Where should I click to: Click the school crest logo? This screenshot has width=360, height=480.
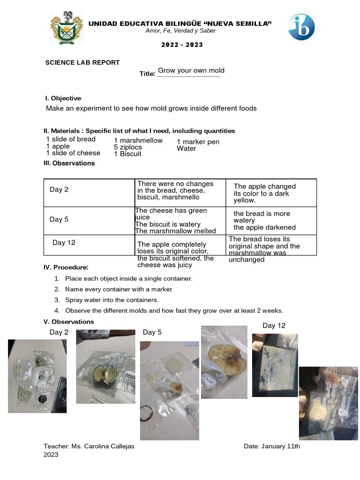point(67,29)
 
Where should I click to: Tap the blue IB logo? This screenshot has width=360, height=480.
point(301,27)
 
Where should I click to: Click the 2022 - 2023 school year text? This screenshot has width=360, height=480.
point(182,45)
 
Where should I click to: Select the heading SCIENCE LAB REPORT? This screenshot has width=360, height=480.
point(82,62)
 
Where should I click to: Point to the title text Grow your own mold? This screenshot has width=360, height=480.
point(191,71)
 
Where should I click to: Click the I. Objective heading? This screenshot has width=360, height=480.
point(63,98)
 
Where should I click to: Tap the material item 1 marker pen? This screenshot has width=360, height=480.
point(198,142)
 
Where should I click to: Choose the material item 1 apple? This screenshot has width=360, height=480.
point(58,146)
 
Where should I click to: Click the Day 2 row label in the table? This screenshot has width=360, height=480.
point(59,190)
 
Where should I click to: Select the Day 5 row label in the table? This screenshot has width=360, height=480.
point(59,219)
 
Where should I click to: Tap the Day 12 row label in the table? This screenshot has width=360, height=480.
point(64,243)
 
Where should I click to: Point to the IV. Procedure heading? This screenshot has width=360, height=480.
point(66,267)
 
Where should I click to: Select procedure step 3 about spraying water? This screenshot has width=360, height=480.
point(112,300)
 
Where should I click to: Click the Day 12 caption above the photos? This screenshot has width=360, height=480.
point(274,326)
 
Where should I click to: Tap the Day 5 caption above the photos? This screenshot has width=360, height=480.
point(152,332)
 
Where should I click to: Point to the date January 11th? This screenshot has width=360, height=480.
point(272,446)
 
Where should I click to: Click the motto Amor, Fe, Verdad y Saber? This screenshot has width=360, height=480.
point(180,31)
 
